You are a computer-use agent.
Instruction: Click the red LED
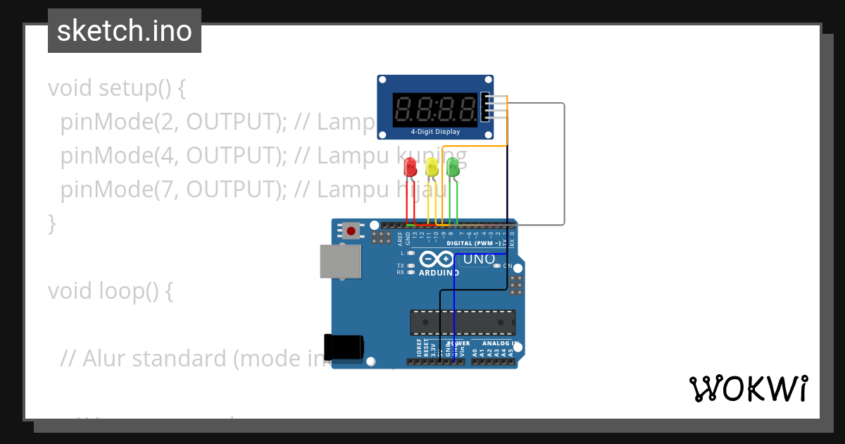click(410, 167)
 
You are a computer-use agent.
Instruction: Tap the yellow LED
click(432, 167)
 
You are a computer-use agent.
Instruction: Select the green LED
click(453, 167)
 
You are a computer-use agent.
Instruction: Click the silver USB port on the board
click(340, 261)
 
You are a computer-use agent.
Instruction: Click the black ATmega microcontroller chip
click(463, 322)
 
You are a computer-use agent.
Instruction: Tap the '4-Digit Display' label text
click(435, 132)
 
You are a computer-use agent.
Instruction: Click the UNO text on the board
click(479, 259)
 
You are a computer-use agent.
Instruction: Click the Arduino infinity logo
click(439, 259)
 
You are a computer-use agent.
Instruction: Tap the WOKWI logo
click(748, 388)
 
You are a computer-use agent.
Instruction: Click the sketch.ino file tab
click(125, 31)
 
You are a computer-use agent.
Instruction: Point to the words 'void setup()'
click(117, 89)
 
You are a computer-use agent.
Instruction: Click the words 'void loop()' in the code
click(110, 291)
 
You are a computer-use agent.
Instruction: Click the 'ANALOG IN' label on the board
click(501, 344)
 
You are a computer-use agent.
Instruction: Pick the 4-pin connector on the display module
click(485, 107)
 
